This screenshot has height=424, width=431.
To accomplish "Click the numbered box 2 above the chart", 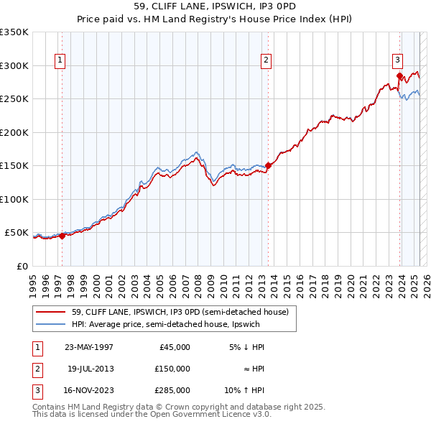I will pos(266,61).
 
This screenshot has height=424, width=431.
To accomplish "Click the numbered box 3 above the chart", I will pos(397,61).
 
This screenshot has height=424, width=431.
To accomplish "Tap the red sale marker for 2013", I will pos(268,165).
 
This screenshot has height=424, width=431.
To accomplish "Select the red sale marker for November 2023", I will pos(399,75).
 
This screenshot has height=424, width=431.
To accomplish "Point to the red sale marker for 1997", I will pos(62,235).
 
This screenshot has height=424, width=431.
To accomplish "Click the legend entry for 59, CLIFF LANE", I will pos(180,312).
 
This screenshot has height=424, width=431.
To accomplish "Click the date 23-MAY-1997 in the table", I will pos(89,347).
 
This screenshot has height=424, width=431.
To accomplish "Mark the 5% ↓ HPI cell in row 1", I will pos(247,347).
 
